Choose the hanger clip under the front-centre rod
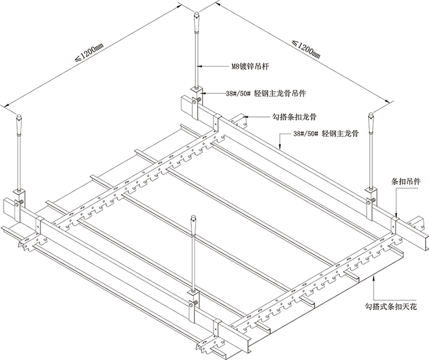tap(193, 300)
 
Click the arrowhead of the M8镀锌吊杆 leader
tap(201, 66)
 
